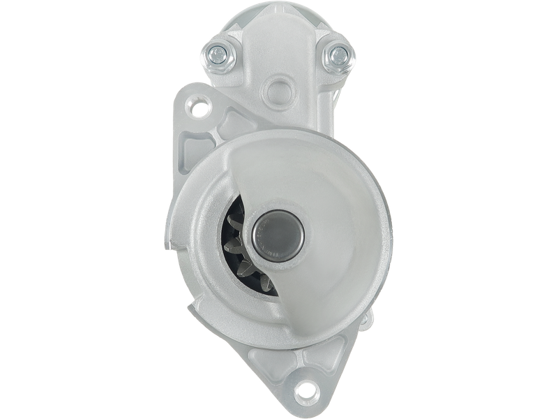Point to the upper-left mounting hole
[x=200, y=108]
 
